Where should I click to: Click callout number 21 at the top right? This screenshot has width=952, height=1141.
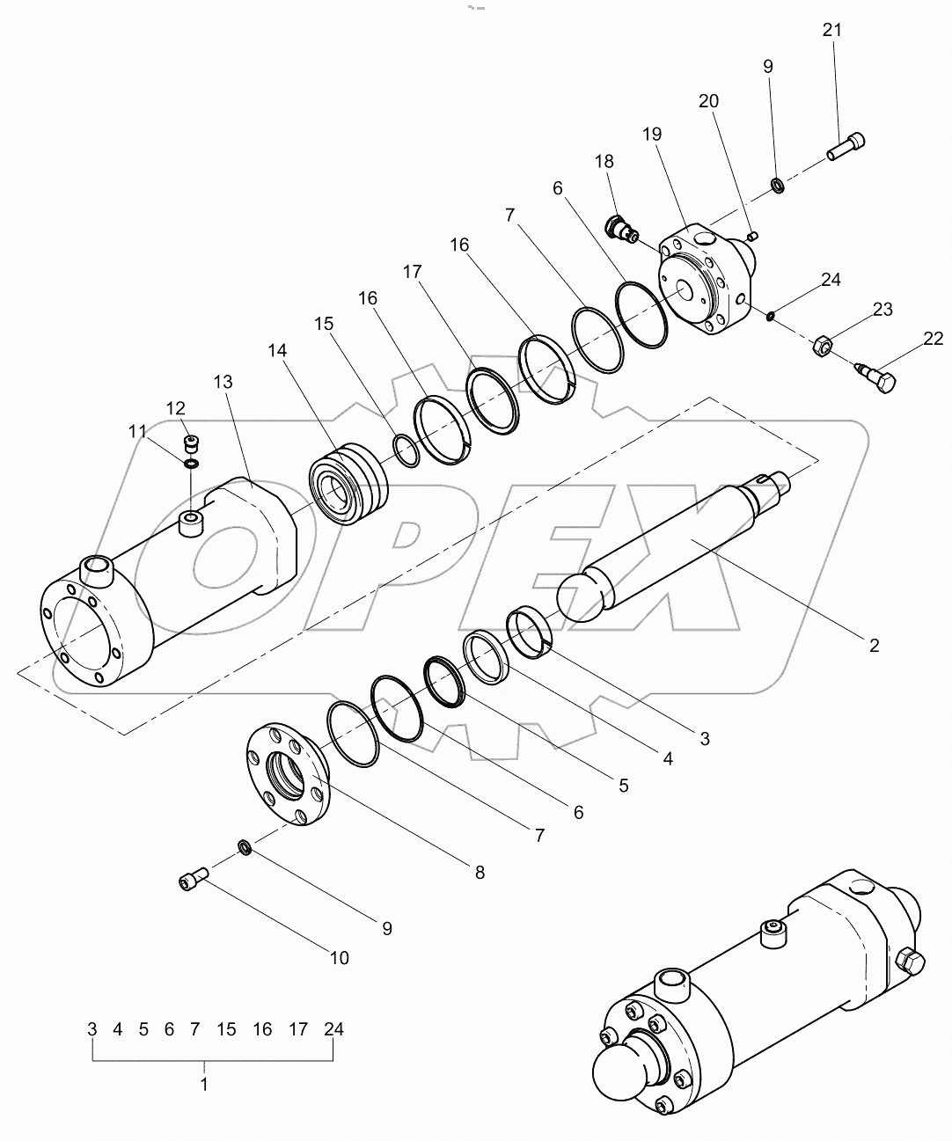point(831,30)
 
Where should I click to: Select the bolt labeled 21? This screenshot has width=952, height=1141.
point(846,146)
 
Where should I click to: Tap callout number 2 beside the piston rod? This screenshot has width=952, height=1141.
point(874,646)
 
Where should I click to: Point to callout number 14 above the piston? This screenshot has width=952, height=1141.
point(277,350)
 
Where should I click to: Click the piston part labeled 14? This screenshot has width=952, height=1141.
point(347,482)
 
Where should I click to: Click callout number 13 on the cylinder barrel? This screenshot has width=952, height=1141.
point(223,381)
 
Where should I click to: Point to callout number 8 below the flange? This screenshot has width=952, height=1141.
point(480,873)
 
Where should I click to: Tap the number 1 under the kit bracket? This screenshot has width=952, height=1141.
point(204,1085)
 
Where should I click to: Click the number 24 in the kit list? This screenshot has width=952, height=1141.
point(333,1029)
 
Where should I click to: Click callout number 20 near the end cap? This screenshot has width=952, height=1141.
point(708,101)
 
